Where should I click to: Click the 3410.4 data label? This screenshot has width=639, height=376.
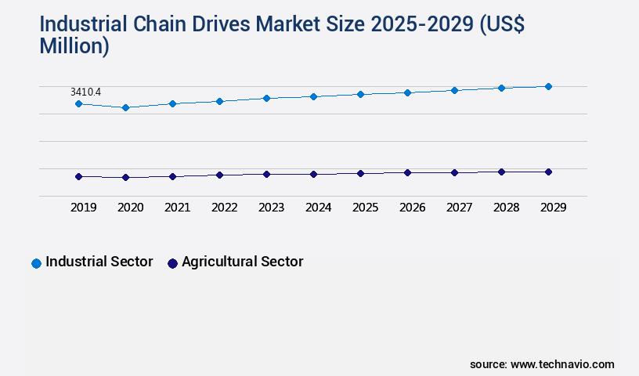point(85,92)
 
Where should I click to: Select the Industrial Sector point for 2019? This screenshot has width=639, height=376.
point(78,103)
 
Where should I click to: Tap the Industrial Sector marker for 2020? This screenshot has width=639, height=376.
point(125,107)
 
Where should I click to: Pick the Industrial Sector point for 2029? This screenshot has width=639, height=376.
point(548,86)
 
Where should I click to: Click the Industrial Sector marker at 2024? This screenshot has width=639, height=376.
point(313,96)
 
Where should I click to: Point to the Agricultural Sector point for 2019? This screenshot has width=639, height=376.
point(78,176)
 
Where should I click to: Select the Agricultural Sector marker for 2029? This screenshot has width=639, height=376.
point(548,172)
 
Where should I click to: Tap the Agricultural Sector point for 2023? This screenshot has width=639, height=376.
point(266,174)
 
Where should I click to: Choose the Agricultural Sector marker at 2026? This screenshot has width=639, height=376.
point(407,172)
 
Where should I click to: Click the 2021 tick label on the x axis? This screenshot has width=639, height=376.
point(177,208)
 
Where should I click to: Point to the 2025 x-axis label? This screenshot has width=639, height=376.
point(365,208)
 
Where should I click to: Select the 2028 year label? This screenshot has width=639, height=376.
point(506,208)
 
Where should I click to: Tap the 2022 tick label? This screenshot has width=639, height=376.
point(224,208)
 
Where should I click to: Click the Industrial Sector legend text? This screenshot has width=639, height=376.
point(99,262)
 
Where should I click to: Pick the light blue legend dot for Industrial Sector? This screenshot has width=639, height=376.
point(36,263)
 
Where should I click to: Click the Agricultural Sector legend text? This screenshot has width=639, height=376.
point(242,262)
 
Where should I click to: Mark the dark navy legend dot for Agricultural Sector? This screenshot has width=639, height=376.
point(172,263)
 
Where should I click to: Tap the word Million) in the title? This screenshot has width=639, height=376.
point(74,46)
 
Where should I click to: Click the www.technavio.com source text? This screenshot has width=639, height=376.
point(562,364)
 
